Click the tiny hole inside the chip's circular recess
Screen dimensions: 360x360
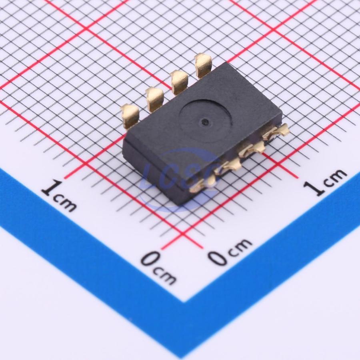pos(204,121)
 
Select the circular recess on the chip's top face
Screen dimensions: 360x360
pos(206,120)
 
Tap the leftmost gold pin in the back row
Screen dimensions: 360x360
pos(130,115)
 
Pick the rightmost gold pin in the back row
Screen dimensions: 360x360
pos(203,65)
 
